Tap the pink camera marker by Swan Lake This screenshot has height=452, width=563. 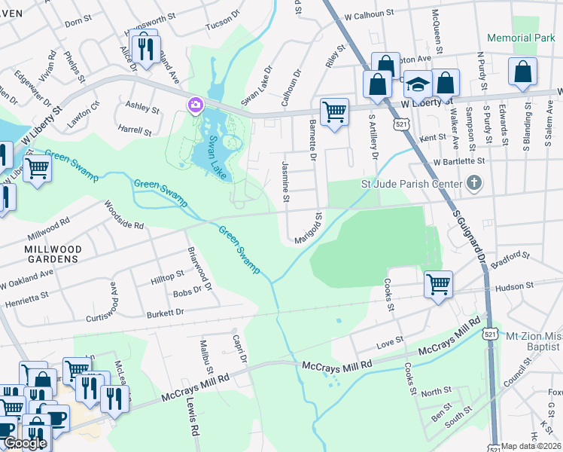pyautogui.click(x=196, y=104)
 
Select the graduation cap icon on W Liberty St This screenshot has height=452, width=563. pyautogui.click(x=418, y=84)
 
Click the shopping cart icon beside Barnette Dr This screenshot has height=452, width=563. pyautogui.click(x=334, y=112)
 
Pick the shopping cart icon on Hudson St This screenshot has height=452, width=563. pyautogui.click(x=438, y=285)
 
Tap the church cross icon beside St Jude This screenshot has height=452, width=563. pyautogui.click(x=474, y=182)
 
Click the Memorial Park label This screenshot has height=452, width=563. pyautogui.click(x=520, y=38)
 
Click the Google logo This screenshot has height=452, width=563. pyautogui.click(x=25, y=443)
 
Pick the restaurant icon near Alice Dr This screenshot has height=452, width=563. pyautogui.click(x=142, y=48)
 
